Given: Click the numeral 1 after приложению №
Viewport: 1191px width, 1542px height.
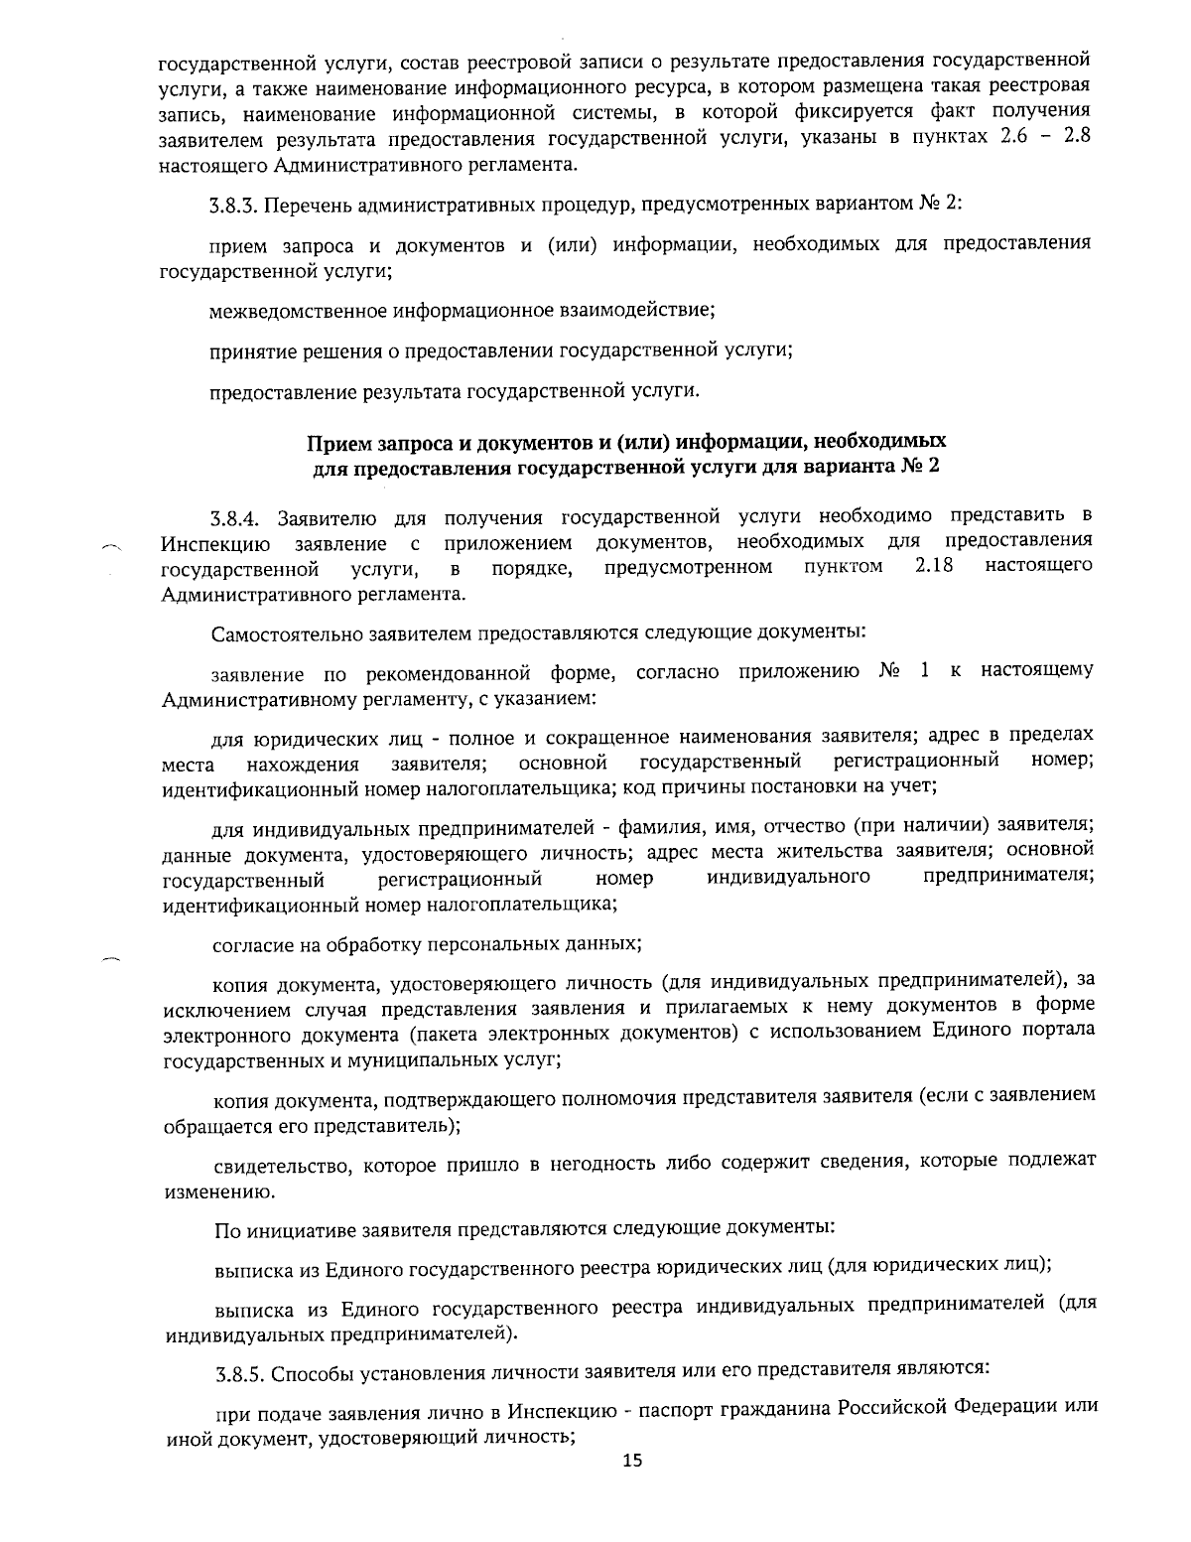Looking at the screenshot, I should click(x=924, y=671).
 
